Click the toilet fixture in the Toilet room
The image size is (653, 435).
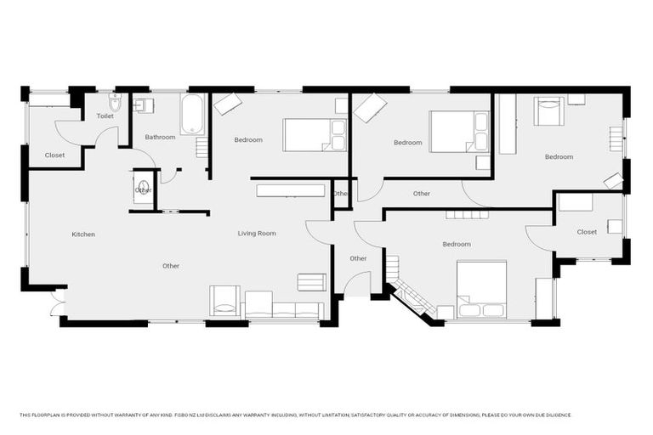click(116, 103)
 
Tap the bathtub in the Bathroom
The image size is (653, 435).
click(193, 115)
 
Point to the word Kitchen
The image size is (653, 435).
click(83, 234)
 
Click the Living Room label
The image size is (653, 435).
click(256, 233)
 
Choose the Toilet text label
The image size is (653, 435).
click(105, 116)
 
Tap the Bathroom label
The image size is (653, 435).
click(160, 137)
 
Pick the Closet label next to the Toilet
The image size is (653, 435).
click(54, 155)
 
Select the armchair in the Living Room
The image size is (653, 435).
click(224, 300)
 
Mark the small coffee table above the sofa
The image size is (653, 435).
click(310, 282)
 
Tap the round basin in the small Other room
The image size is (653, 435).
click(143, 186)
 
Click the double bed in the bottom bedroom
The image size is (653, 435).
click(481, 289)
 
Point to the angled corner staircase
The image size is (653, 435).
click(412, 297)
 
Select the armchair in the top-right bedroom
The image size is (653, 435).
click(548, 110)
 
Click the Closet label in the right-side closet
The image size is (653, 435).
click(587, 232)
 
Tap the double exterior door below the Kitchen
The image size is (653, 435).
click(57, 303)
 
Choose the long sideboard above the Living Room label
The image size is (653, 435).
click(290, 190)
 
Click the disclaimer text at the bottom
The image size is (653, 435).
click(295, 415)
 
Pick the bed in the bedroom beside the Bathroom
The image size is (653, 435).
click(314, 134)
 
